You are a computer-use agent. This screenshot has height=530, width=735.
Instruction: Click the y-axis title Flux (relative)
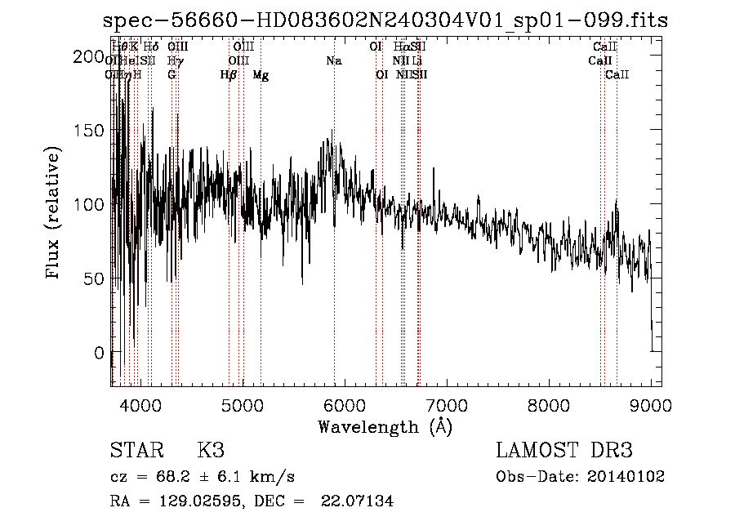pyautogui.click(x=55, y=213)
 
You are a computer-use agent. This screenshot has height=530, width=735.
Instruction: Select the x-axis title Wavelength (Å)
pyautogui.click(x=385, y=426)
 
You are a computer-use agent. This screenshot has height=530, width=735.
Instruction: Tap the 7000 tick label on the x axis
pyautogui.click(x=446, y=404)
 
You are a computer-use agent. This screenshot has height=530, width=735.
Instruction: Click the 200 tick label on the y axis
pyautogui.click(x=85, y=56)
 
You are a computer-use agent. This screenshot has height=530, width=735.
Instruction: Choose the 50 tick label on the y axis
pyautogui.click(x=91, y=278)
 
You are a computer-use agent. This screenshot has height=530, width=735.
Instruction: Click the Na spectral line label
pyautogui.click(x=333, y=61)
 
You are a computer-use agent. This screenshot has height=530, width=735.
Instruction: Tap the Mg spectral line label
pyautogui.click(x=261, y=75)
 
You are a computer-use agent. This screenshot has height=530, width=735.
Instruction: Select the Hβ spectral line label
pyautogui.click(x=229, y=75)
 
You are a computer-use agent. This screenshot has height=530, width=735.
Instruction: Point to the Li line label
pyautogui.click(x=417, y=61)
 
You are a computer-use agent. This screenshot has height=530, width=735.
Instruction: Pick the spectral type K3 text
pyautogui.click(x=211, y=450)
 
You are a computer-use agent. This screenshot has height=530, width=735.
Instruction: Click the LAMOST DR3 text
pyautogui.click(x=563, y=450)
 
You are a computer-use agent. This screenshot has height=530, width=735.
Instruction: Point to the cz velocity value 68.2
pyautogui.click(x=162, y=477)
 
